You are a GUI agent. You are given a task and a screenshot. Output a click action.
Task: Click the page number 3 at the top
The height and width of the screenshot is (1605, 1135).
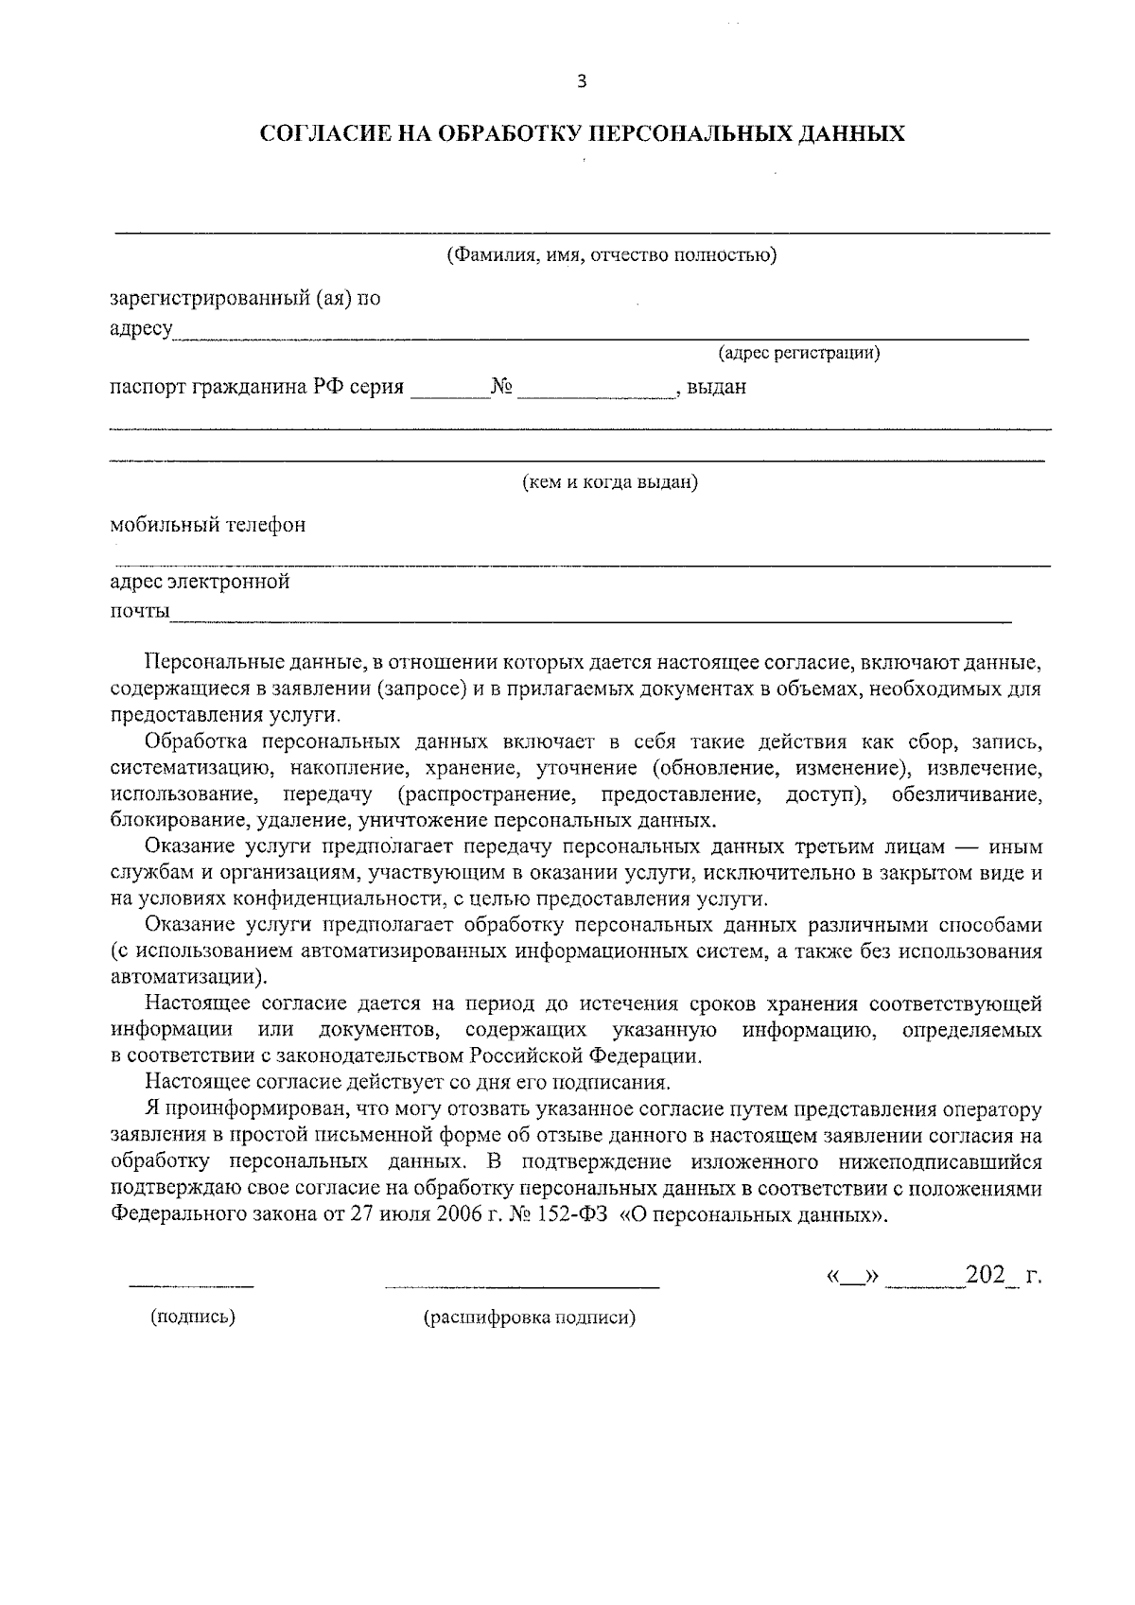coord(582,82)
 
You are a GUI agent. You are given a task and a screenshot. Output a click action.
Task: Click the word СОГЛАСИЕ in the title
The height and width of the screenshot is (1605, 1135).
coord(318,133)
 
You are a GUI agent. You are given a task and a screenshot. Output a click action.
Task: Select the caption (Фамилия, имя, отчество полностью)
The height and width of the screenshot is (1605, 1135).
coord(612,255)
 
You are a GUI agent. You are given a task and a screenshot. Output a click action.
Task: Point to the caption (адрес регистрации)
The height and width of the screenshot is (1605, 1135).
coord(799,354)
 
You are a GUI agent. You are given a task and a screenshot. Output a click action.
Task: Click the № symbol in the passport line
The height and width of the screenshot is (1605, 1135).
coord(502,387)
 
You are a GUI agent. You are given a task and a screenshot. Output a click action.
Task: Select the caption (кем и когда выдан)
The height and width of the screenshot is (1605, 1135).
coord(611,482)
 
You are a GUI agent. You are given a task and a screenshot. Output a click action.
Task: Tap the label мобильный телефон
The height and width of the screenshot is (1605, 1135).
coord(207,525)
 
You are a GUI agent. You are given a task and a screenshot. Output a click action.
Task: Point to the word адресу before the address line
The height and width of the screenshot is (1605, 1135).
coord(141,329)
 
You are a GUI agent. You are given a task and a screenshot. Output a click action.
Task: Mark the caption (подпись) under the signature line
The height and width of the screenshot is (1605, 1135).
coord(193,1317)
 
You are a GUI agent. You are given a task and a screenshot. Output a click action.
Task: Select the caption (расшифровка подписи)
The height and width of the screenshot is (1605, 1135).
coord(530,1317)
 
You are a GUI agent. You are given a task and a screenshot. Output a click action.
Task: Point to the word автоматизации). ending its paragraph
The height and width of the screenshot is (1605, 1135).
coord(188,976)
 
